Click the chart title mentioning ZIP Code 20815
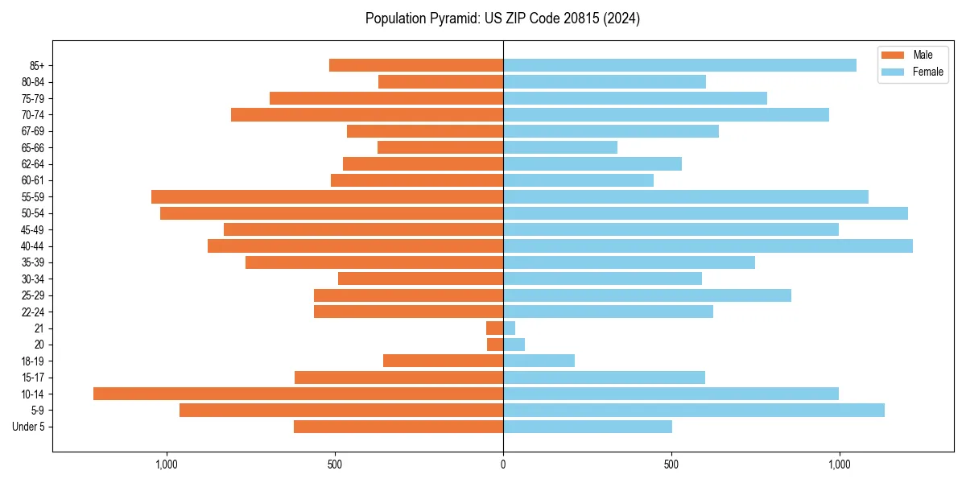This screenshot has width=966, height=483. [x=502, y=19]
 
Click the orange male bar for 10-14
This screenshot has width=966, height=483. [x=298, y=394]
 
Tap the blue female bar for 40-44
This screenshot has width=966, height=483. [x=708, y=246]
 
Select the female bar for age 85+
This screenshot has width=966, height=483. [x=679, y=65]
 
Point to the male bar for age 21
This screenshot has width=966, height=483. [x=494, y=328]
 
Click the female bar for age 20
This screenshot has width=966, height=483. [x=514, y=345]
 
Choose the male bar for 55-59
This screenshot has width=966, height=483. [x=327, y=196]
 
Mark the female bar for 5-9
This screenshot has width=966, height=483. [x=693, y=410]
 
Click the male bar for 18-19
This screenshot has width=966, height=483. [x=443, y=361]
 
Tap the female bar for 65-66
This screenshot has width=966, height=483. [x=560, y=147]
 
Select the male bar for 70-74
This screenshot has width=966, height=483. [x=367, y=114]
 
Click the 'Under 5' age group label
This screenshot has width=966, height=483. [x=28, y=427]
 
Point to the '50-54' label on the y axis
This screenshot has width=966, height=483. [x=33, y=213]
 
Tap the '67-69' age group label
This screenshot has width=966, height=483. [x=33, y=131]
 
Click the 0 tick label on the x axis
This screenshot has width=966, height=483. [x=503, y=464]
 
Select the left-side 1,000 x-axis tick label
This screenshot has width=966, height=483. [x=166, y=464]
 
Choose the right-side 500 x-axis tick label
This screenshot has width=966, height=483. [x=671, y=464]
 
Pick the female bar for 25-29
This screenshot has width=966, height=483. [x=647, y=295]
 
